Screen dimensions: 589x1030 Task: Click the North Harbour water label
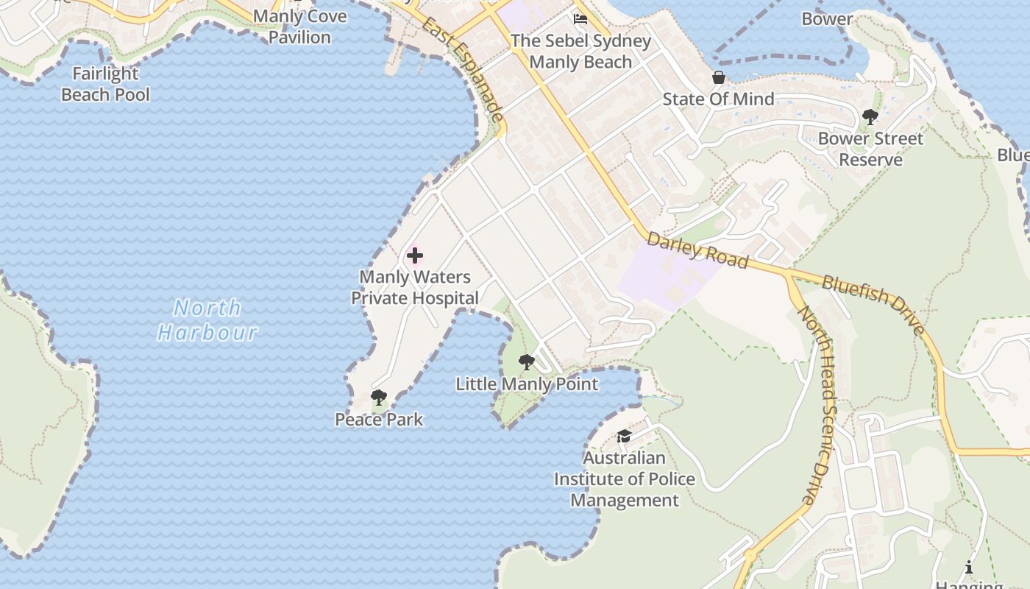coord(207,320)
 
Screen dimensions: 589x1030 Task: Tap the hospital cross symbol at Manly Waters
coord(415,255)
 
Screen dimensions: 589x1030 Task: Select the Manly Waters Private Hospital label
coord(415,288)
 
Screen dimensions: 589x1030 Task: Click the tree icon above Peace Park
coord(379,398)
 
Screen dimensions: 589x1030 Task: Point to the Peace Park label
coord(379,420)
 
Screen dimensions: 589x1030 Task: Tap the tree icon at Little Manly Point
coord(526,362)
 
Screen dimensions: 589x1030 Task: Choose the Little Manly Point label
coord(527,384)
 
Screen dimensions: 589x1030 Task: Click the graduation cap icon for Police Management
coord(624,437)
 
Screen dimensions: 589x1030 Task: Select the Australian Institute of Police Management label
coord(625,479)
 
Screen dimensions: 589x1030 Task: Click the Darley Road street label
coord(697,250)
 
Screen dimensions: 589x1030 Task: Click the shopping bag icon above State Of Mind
coord(719,77)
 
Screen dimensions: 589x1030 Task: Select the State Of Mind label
coord(719,99)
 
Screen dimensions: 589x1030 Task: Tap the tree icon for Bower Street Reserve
coord(870,116)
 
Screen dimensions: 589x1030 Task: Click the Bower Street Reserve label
coord(870,149)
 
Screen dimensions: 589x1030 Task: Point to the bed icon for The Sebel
coord(580,18)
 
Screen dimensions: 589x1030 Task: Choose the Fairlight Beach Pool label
coord(105,84)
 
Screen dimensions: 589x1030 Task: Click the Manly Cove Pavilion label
coord(299,27)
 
